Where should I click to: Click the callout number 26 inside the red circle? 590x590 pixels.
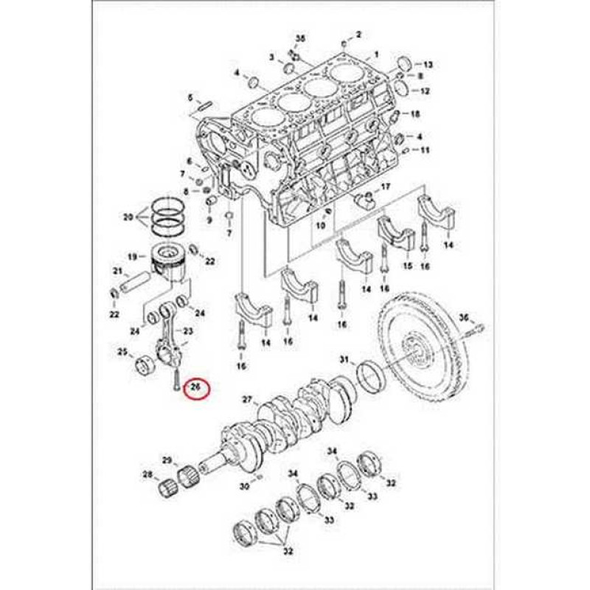tap(197, 386)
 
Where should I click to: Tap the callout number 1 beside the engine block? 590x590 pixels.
tap(376, 54)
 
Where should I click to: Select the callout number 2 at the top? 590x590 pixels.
tap(358, 34)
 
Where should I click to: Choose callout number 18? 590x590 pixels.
tap(415, 114)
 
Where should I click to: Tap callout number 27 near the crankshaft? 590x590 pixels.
tap(248, 400)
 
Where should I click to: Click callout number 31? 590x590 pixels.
tap(343, 359)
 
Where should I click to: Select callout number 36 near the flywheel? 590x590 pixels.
tap(464, 317)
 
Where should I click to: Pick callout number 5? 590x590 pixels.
tap(190, 97)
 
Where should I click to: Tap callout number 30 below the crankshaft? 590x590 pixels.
tap(243, 486)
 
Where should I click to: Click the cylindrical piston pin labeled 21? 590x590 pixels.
tap(139, 281)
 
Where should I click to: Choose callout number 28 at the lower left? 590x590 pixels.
tap(147, 474)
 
